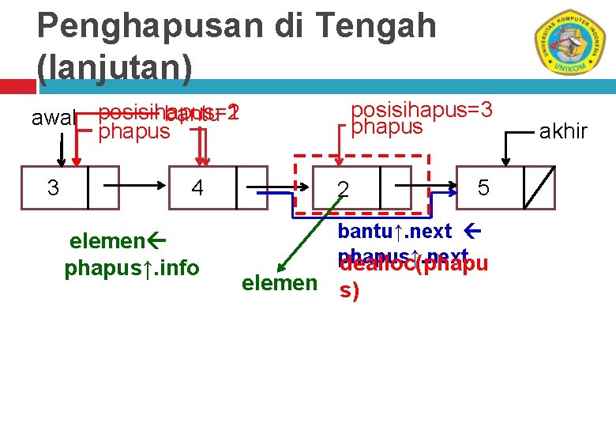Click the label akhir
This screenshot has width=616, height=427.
(563, 131)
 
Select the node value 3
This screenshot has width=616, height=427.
(53, 188)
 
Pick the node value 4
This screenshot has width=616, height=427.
(197, 188)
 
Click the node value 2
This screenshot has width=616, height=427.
(342, 189)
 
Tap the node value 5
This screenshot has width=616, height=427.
(484, 187)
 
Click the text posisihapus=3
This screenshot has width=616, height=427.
(422, 109)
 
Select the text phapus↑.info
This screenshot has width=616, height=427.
(132, 268)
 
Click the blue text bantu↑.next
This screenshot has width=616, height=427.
(395, 232)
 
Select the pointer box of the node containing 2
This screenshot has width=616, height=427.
(395, 187)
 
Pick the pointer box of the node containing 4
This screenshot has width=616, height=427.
(251, 187)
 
